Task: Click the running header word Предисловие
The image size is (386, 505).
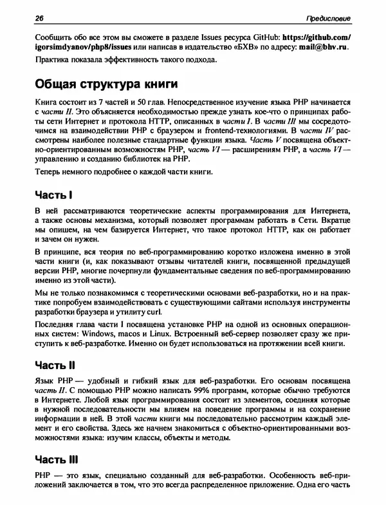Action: point(328,17)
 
